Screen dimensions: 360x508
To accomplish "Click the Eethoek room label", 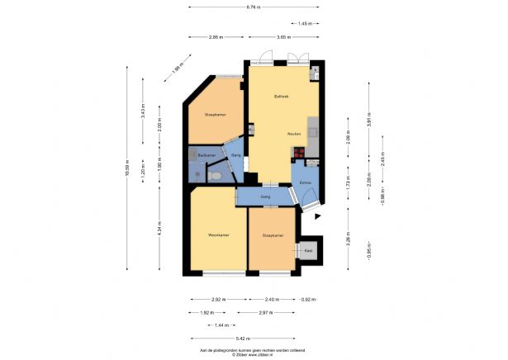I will (x=282, y=97).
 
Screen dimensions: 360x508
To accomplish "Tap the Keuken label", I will (x=293, y=134).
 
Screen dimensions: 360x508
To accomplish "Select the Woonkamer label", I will (x=218, y=235).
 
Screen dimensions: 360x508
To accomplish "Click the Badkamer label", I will (x=207, y=156).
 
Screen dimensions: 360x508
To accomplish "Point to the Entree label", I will (x=305, y=183).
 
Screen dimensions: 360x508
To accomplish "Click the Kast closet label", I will (x=308, y=250).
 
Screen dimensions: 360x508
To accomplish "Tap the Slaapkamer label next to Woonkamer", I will (x=273, y=235).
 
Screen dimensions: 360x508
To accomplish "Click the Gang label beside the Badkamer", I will (x=235, y=156).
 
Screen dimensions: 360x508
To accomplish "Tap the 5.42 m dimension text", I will (x=244, y=338).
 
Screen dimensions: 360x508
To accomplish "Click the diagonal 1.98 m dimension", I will (x=177, y=72).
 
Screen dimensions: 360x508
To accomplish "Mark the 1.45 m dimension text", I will (x=305, y=24).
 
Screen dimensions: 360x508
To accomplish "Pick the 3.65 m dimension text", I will (x=281, y=37).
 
